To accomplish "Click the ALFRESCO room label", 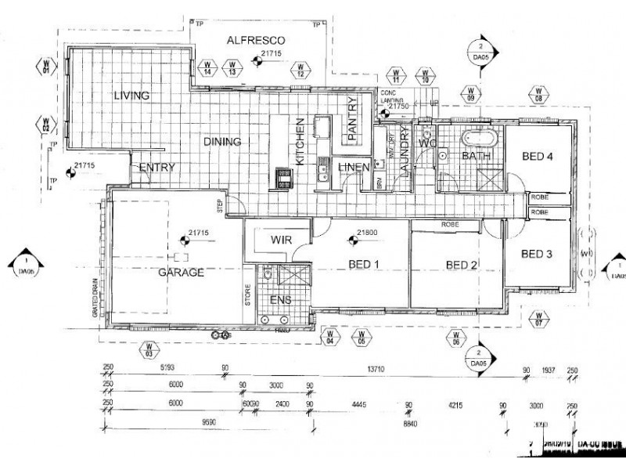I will click(x=255, y=40).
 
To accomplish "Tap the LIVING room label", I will click(x=131, y=96).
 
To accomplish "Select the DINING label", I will click(x=222, y=142).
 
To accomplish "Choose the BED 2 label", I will click(x=462, y=264).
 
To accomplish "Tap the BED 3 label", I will click(x=537, y=253).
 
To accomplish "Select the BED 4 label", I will click(x=538, y=157).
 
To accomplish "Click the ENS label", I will click(x=280, y=300).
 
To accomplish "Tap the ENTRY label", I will click(x=156, y=167).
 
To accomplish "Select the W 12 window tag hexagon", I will click(x=301, y=69).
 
